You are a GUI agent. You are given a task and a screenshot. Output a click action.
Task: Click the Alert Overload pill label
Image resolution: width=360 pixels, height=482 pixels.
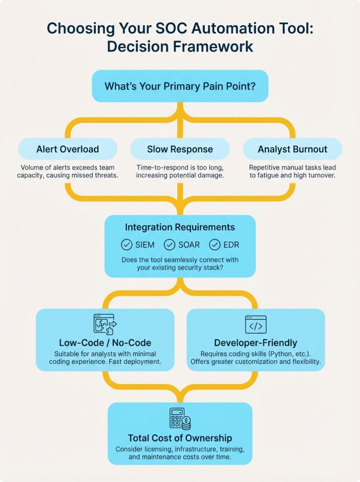point(68,149)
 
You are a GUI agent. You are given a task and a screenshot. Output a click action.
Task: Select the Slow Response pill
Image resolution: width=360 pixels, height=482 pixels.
point(180,149)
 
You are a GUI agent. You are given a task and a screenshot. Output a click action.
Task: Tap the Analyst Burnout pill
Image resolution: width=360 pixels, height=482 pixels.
point(292,149)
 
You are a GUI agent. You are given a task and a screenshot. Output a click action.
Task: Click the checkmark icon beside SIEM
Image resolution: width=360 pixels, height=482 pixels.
point(126,244)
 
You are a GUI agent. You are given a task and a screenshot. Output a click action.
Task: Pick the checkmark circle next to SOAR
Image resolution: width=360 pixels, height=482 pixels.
point(170,244)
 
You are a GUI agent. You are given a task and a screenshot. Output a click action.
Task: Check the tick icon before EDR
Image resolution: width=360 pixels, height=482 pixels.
point(215,244)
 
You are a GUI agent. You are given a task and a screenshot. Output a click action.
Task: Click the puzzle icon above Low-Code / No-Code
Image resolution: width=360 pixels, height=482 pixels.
point(105,324)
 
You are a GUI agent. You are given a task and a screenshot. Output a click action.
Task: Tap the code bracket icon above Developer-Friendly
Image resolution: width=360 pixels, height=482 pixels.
point(256,324)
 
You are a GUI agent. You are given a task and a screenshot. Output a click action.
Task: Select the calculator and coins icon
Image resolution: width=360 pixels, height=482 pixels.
point(180,419)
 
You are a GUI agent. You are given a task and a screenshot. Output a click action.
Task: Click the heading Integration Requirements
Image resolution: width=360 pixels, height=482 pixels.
point(180,227)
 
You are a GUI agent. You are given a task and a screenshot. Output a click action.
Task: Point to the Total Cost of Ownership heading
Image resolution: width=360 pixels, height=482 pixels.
point(180,438)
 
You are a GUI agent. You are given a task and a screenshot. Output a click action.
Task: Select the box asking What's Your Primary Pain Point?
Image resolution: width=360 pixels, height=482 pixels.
point(180,86)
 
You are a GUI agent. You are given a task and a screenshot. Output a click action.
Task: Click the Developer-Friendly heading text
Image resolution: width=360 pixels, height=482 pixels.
point(256,343)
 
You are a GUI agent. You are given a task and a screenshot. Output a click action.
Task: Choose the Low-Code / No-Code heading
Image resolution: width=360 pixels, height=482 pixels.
point(105,343)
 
